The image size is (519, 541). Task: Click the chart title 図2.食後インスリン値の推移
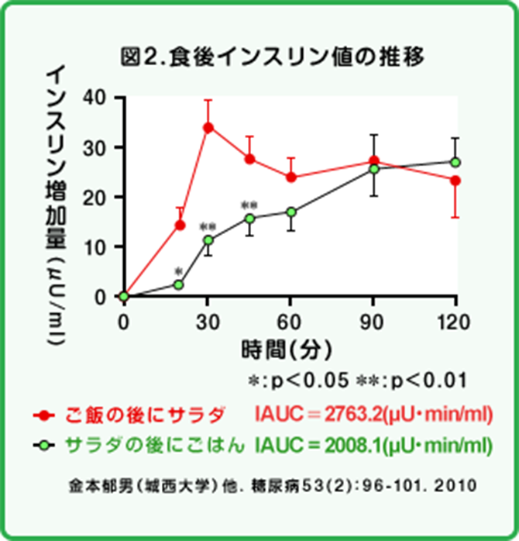coord(274,57)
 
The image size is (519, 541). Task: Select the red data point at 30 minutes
coord(208,127)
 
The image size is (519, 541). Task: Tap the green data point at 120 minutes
coord(455,162)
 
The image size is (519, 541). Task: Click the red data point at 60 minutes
coord(290,177)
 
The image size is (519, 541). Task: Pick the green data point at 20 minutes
coord(179,284)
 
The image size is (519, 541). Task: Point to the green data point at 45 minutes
coord(249,219)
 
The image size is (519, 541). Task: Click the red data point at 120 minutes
coord(455,181)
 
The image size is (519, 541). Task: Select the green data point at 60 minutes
coord(290,212)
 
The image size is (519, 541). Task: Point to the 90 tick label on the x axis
coord(373,320)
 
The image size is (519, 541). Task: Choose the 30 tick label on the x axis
coord(207,320)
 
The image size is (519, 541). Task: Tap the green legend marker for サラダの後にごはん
coord(44,445)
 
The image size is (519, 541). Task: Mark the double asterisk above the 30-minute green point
coord(208,227)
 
